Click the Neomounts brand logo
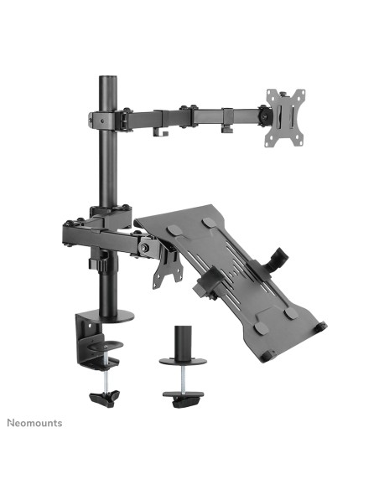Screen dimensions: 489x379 coord(36,423)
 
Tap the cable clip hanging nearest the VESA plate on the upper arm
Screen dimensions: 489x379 coord(227,127)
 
